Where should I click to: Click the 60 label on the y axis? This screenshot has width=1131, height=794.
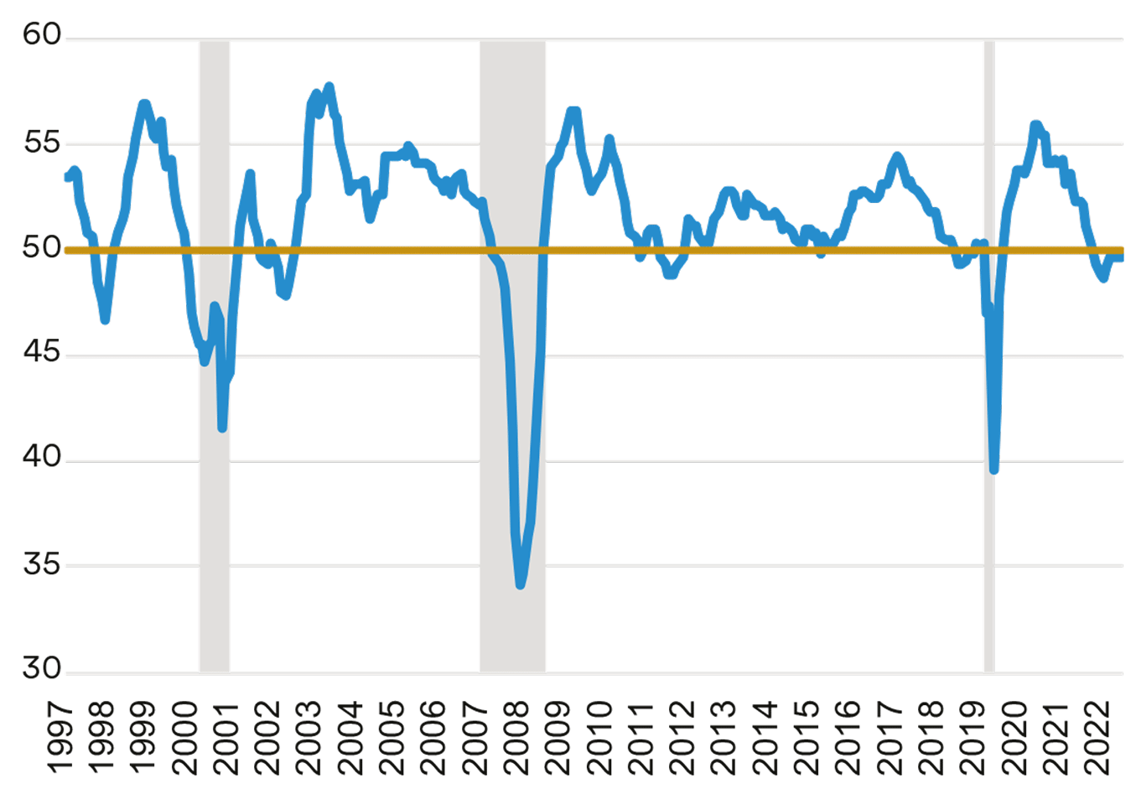click(x=42, y=35)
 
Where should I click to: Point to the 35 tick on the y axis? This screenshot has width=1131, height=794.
click(x=42, y=565)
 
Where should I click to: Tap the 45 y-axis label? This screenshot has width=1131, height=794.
click(x=42, y=353)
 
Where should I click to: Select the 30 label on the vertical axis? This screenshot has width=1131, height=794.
click(x=42, y=669)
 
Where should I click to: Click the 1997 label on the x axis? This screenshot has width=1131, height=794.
click(x=60, y=738)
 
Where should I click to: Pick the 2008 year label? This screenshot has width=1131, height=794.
click(x=517, y=738)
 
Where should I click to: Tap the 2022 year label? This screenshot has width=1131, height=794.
click(x=1099, y=738)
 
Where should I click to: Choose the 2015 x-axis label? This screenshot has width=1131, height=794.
click(x=808, y=738)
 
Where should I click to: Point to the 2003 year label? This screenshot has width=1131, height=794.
click(x=309, y=738)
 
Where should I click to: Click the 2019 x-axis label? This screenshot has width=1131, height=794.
click(x=974, y=738)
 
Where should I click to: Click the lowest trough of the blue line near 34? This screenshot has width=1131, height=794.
click(x=521, y=584)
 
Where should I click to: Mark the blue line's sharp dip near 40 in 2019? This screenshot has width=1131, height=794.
click(x=994, y=470)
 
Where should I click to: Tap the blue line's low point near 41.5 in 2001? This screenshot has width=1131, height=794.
click(x=222, y=428)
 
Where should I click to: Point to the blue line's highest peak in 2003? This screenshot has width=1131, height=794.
click(x=329, y=86)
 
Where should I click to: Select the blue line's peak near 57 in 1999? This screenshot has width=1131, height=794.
click(x=144, y=104)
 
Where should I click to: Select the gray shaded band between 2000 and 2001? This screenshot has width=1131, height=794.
click(x=215, y=545)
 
